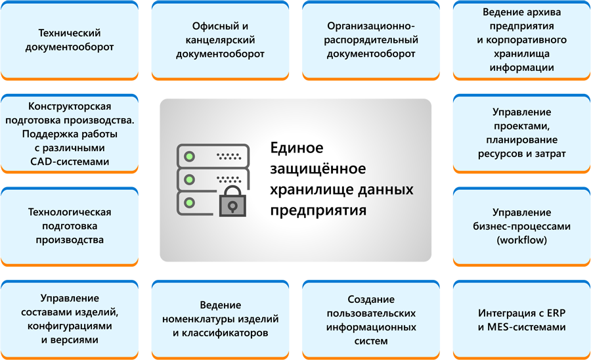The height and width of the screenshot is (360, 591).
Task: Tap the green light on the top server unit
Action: (189, 156)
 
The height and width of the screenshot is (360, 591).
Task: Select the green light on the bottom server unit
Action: (189, 203)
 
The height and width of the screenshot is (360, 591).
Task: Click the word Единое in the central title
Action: (297, 147)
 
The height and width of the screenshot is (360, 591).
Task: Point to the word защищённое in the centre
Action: (318, 168)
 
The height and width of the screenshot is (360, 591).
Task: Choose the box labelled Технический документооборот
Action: (70, 40)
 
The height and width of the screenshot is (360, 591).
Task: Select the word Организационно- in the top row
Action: (371, 26)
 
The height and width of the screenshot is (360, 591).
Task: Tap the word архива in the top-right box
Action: (544, 12)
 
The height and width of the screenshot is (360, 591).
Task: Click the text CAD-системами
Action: (70, 162)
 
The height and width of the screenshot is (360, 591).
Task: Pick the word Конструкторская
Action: (70, 106)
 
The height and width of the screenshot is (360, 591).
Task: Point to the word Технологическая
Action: (70, 212)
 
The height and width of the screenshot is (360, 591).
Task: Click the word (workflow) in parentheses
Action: (521, 240)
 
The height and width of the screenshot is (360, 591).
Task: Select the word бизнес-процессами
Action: (521, 226)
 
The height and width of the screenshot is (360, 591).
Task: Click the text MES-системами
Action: (526, 327)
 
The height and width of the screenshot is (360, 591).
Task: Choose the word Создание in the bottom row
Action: (371, 300)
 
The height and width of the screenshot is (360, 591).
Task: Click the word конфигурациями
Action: (70, 326)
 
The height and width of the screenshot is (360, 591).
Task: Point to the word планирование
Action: (521, 140)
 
